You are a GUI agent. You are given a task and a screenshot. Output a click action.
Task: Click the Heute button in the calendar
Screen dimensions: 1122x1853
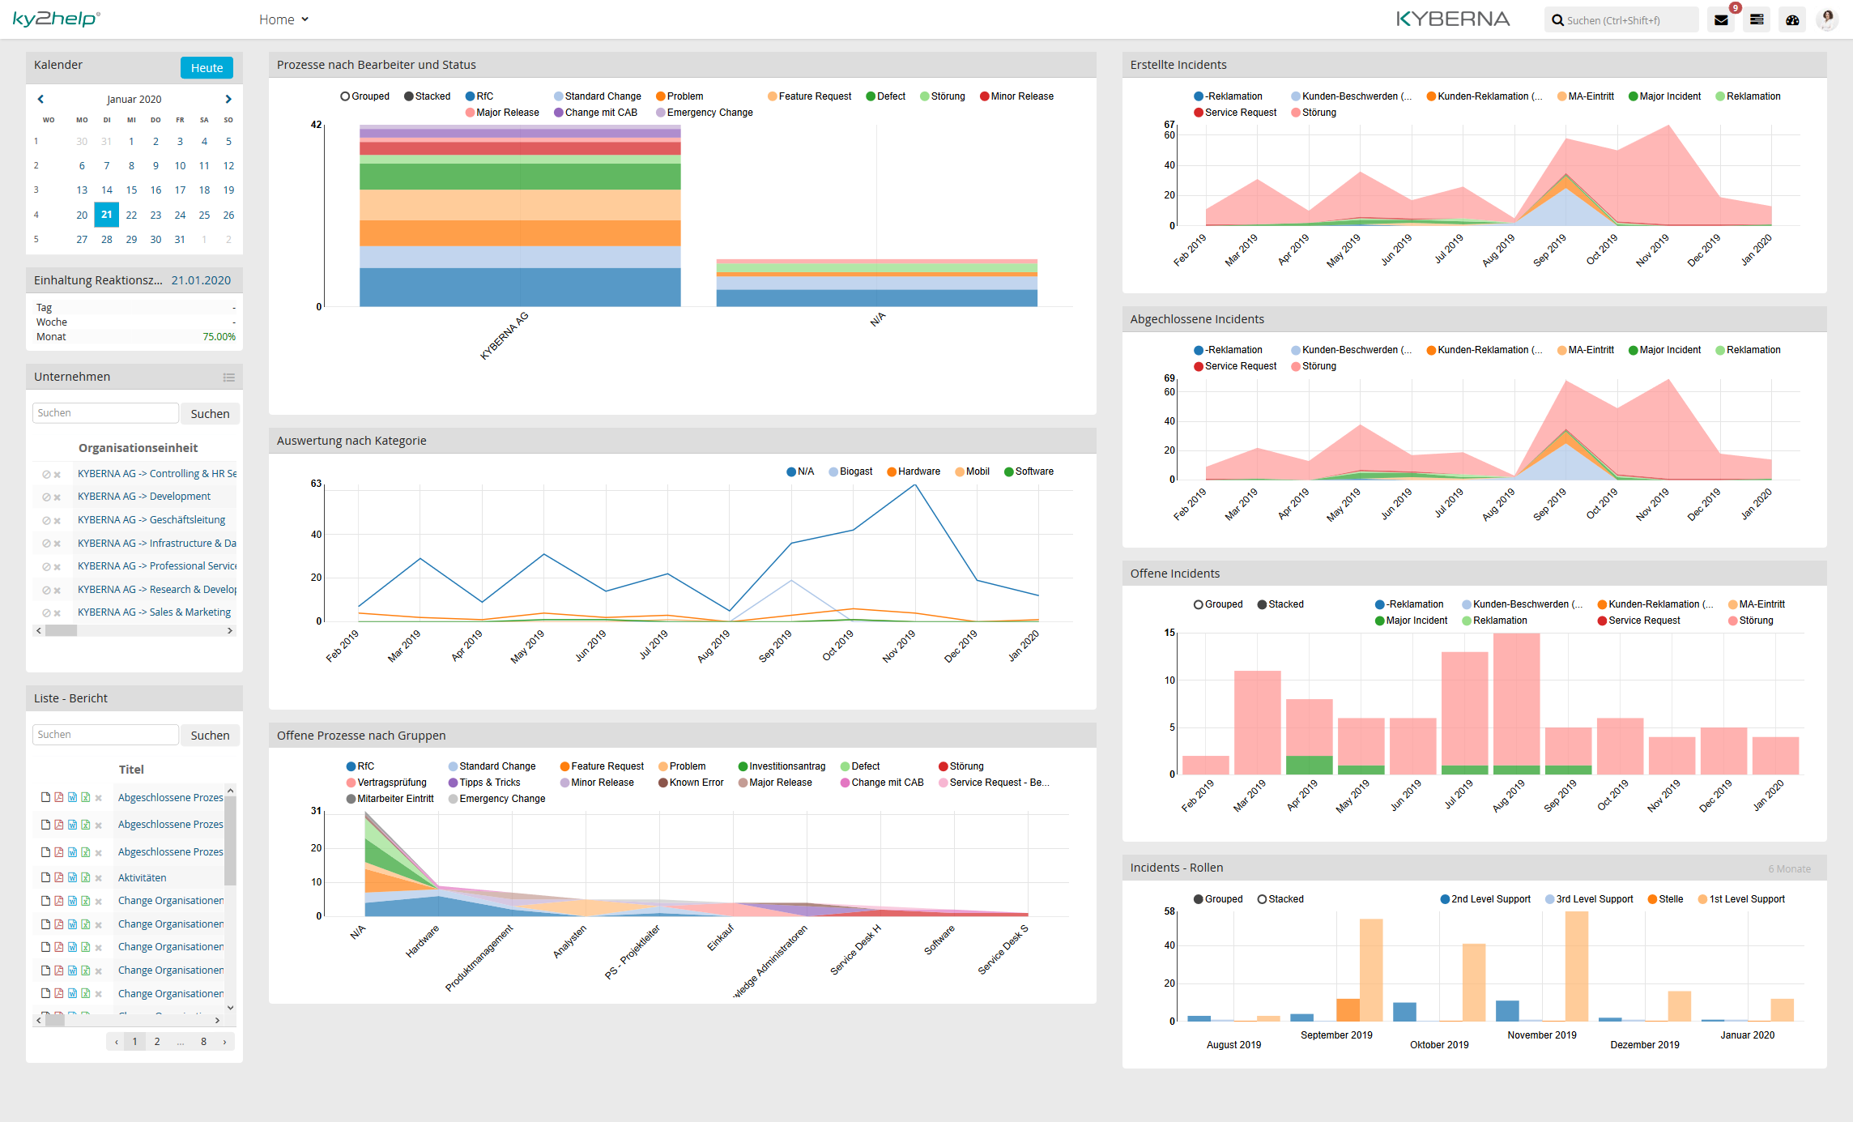(207, 68)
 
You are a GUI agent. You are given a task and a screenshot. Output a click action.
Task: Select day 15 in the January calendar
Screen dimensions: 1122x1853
(131, 190)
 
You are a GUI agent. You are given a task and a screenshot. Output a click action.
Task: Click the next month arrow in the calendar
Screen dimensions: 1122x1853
(228, 99)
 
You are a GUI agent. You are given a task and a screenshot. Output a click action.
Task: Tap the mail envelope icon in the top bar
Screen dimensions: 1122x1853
(1721, 20)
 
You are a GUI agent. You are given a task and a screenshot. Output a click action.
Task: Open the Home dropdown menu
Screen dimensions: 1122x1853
(283, 19)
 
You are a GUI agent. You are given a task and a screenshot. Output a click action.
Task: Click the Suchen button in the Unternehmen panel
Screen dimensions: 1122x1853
(210, 414)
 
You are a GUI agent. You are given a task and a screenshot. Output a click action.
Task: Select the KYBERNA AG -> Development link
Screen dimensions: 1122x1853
(143, 497)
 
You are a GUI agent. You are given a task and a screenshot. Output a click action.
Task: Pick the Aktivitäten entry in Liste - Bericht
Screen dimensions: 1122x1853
(142, 877)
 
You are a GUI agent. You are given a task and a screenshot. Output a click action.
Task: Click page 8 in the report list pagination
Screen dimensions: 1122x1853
(203, 1042)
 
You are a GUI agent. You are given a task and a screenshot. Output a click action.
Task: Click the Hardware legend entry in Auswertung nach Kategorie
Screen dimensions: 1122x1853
(918, 471)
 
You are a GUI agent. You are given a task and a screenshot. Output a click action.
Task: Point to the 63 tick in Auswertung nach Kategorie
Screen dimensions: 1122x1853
(316, 484)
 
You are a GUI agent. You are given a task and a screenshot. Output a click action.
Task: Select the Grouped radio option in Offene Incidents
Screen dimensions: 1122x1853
(1199, 604)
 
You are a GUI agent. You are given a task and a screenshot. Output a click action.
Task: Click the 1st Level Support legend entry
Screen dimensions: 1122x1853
(1746, 899)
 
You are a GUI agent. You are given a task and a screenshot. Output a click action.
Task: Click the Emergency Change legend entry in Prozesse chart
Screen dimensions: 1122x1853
(709, 113)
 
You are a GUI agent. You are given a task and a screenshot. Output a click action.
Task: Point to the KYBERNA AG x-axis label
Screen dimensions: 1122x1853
(504, 336)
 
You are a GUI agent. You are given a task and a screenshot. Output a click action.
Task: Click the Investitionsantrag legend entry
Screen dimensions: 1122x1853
(786, 766)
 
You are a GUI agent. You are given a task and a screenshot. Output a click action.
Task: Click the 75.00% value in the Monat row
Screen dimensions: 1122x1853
(219, 337)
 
